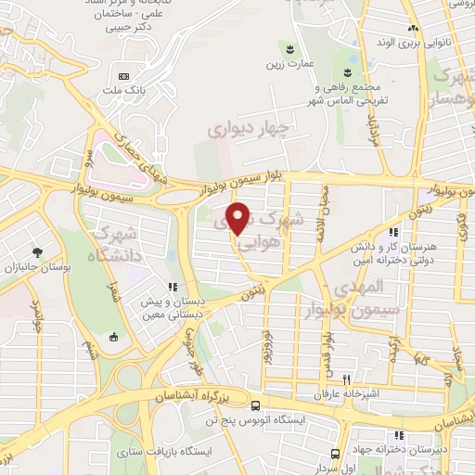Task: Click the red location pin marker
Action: [x=239, y=218]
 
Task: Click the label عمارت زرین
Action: [x=289, y=64]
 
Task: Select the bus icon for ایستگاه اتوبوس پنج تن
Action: [x=255, y=404]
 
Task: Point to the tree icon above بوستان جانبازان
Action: [x=37, y=251]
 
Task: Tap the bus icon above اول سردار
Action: [x=335, y=454]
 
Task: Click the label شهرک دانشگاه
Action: [x=117, y=243]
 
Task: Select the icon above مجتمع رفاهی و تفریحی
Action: [x=349, y=73]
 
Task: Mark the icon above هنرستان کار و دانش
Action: [x=394, y=233]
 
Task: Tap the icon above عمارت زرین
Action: [x=290, y=48]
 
